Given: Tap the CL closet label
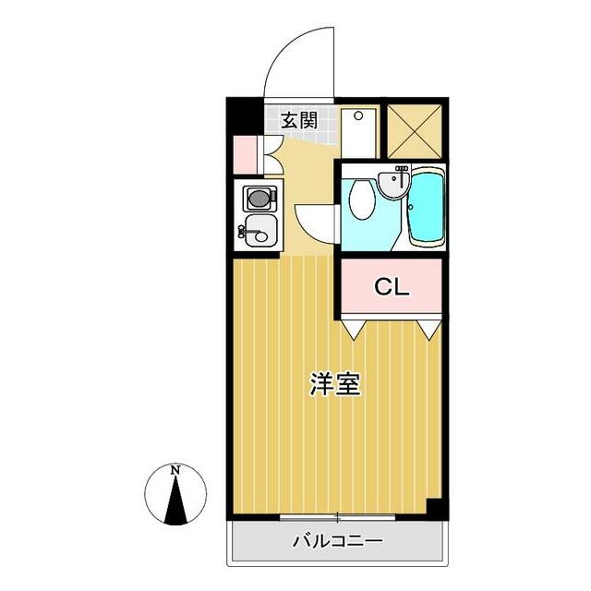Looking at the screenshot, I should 391,286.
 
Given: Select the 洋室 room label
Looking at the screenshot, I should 334,385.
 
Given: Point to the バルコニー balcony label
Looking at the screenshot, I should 337,541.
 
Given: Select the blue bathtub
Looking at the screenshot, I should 426,209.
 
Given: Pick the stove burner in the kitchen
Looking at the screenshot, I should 258,198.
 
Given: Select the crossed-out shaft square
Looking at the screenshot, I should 414,131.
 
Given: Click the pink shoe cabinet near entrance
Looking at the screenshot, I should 245,154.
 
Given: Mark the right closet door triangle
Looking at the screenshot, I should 427,327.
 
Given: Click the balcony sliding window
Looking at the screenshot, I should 337,516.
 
